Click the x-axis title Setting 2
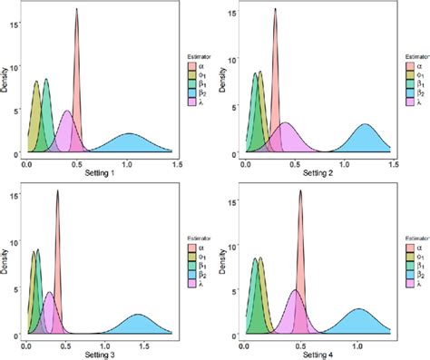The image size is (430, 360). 320,174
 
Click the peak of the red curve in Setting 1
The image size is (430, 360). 77,10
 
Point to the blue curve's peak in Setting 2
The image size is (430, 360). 366,125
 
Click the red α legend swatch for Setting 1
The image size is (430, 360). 191,67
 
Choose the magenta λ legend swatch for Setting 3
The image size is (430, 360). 191,282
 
